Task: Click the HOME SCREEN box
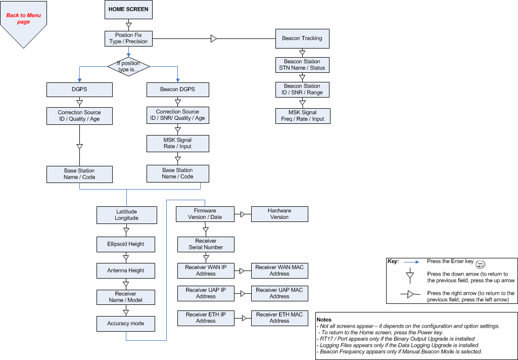(128, 10)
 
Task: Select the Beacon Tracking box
(302, 38)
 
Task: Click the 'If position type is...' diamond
(128, 66)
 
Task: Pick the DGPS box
(79, 90)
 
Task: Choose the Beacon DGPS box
(177, 90)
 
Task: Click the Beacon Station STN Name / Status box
(302, 65)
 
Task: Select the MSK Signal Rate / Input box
(177, 143)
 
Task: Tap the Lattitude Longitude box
(126, 215)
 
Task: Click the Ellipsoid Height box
(126, 244)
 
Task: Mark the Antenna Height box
(126, 271)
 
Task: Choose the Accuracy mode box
(126, 324)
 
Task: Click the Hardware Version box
(279, 214)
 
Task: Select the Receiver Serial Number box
(206, 244)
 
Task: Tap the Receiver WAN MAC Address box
(279, 271)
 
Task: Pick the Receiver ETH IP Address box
(206, 318)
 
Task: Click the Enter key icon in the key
(481, 263)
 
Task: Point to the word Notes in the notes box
(324, 320)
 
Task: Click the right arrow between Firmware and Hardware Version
(243, 214)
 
